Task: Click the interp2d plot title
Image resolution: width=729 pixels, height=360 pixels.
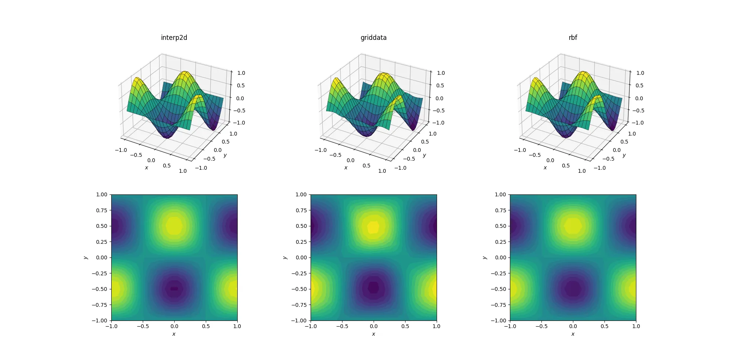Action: [174, 38]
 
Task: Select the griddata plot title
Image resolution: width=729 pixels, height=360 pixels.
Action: [373, 38]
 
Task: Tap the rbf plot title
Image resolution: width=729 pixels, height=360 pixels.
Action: [573, 38]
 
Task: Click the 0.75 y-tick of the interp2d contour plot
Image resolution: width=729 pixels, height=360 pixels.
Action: [101, 210]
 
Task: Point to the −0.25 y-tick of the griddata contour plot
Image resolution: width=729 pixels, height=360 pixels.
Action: [299, 273]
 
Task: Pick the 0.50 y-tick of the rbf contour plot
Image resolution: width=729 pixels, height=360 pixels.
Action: [500, 226]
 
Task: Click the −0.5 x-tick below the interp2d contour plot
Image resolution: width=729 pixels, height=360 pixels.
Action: [143, 326]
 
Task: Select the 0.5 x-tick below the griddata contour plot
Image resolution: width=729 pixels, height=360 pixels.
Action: [405, 326]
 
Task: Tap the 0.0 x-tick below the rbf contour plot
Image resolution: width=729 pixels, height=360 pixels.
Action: [573, 326]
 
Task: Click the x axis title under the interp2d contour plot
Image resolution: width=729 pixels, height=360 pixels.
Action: [174, 334]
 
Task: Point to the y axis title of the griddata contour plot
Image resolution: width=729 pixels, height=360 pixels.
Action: [285, 257]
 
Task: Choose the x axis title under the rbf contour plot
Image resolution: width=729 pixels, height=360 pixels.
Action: [573, 334]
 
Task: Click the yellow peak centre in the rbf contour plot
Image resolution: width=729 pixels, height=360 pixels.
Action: [573, 226]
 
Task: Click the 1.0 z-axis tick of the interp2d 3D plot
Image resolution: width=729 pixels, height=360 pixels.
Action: [241, 73]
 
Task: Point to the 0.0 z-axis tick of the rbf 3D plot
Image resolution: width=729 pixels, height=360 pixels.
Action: [639, 98]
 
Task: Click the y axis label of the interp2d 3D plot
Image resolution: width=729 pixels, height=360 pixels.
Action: [225, 155]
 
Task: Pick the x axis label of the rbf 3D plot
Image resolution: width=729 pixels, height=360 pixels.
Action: [545, 168]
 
